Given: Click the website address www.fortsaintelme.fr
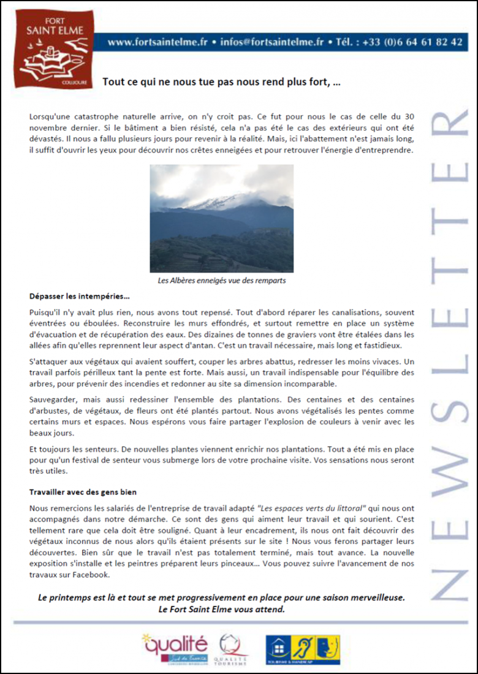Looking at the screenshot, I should (x=157, y=42).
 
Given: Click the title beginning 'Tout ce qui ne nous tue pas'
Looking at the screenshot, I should (x=221, y=81).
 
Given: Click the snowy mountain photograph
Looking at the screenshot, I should (x=221, y=218).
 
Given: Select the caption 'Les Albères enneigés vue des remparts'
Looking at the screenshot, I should (x=221, y=281).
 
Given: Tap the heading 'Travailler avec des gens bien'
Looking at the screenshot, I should (x=83, y=492).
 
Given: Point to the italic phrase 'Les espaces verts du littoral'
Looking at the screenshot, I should (x=313, y=508).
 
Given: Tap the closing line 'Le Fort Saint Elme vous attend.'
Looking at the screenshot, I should (x=221, y=610).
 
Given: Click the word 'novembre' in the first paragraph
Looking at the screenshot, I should (x=48, y=127).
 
